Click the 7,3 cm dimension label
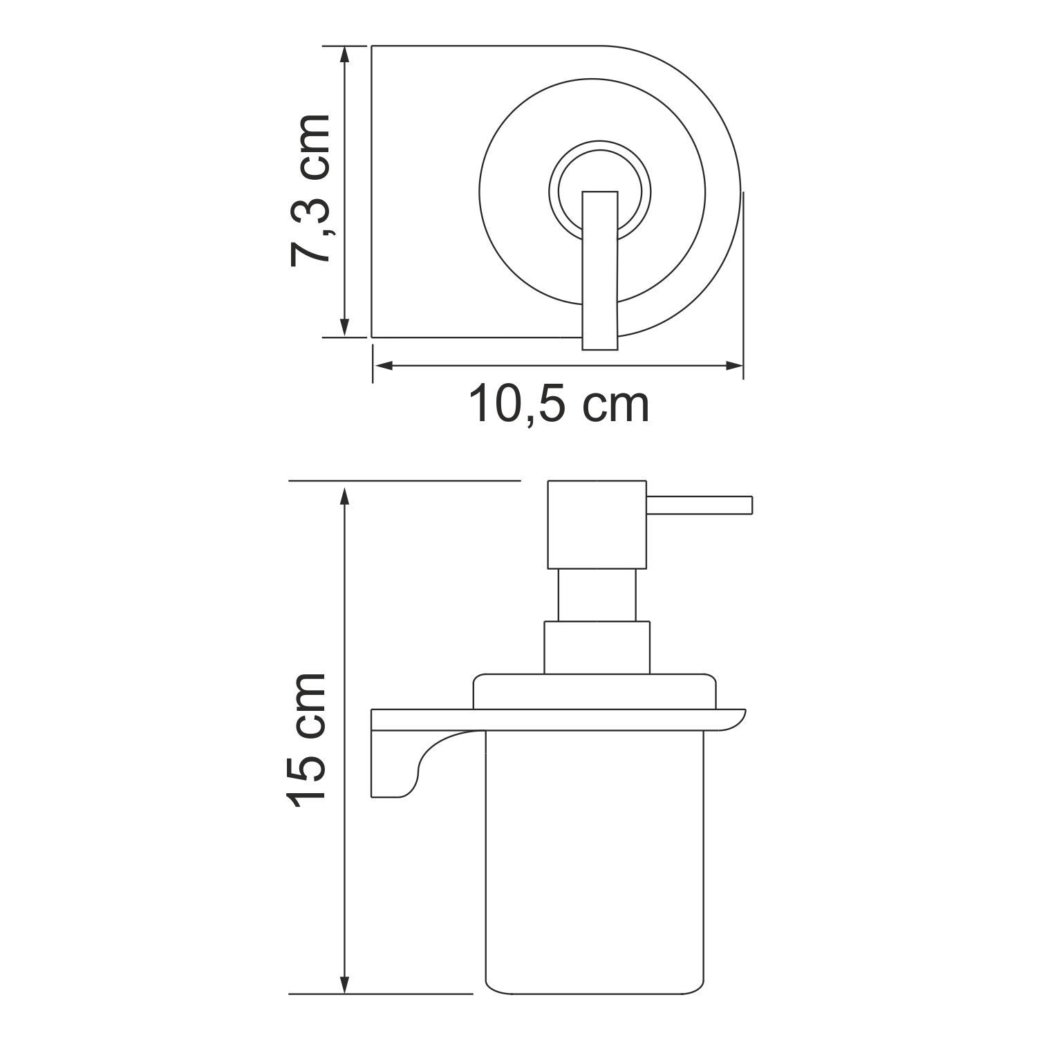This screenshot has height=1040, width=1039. [x=308, y=192]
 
